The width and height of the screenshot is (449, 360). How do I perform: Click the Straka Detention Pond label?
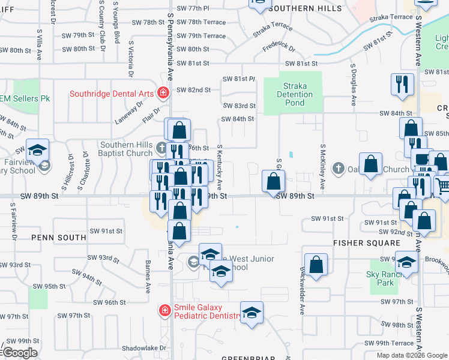click(295, 94)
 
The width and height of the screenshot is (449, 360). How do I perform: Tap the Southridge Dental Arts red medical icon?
click(162, 92)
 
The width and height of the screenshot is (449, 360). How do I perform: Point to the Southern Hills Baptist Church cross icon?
click(161, 148)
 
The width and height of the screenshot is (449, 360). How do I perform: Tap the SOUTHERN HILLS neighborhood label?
click(305, 9)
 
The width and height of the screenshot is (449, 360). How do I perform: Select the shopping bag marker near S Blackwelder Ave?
click(316, 265)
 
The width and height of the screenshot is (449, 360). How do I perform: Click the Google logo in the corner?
click(19, 353)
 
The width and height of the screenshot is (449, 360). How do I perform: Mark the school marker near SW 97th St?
click(252, 312)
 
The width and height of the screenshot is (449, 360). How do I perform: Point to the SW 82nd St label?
click(193, 90)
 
